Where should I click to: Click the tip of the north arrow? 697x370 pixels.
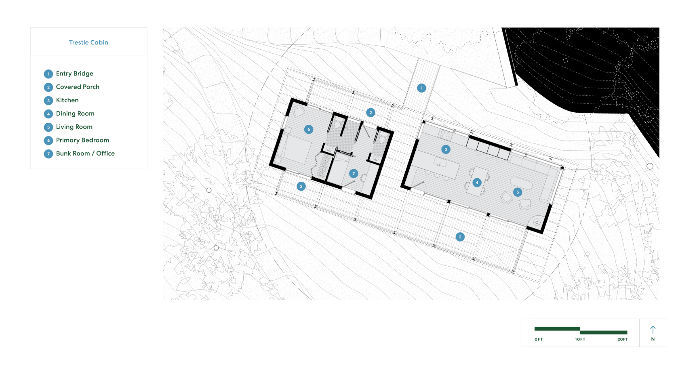(x=653, y=326)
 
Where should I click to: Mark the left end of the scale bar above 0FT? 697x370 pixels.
(x=535, y=329)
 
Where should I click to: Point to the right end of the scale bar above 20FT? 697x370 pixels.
(x=628, y=332)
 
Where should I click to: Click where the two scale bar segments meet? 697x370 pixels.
(x=580, y=330)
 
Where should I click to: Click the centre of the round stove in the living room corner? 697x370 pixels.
(x=537, y=222)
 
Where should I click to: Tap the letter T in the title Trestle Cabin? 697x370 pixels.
(x=71, y=42)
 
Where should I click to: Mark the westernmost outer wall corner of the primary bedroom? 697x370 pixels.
(x=270, y=164)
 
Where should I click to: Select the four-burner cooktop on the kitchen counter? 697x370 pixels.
(x=445, y=135)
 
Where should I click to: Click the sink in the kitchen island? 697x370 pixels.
(x=440, y=162)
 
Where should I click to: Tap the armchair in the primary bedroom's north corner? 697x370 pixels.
(x=299, y=111)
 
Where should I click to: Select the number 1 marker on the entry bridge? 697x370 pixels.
(x=421, y=88)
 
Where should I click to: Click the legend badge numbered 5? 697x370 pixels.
(x=48, y=127)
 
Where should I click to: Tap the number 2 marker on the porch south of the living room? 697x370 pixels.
(x=460, y=237)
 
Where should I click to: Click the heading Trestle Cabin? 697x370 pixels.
(x=88, y=42)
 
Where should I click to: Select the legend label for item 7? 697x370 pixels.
(x=85, y=153)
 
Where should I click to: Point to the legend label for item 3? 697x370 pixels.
(x=67, y=100)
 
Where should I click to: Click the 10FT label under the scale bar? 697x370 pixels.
(x=580, y=339)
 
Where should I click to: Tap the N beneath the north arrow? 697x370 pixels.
(x=653, y=339)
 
